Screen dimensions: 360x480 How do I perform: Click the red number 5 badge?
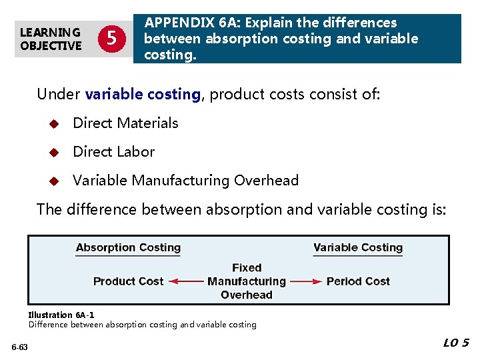[111, 39]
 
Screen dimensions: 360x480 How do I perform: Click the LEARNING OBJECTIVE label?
[51, 39]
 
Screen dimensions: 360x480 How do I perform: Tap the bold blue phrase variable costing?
[143, 94]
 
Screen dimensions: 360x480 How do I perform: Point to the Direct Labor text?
[113, 151]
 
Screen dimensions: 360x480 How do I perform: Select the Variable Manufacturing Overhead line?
[185, 180]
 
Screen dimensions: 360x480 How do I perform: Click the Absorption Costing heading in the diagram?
[128, 248]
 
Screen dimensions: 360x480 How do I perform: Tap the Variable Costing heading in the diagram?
[358, 248]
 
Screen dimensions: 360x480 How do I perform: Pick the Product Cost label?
[128, 281]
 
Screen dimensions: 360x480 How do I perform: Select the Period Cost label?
[358, 281]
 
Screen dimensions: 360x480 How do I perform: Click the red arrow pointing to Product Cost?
[186, 281]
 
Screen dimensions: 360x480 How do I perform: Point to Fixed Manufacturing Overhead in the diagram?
[247, 281]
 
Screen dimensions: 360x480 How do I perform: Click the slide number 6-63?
[19, 347]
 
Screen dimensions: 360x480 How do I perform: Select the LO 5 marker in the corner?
[456, 343]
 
